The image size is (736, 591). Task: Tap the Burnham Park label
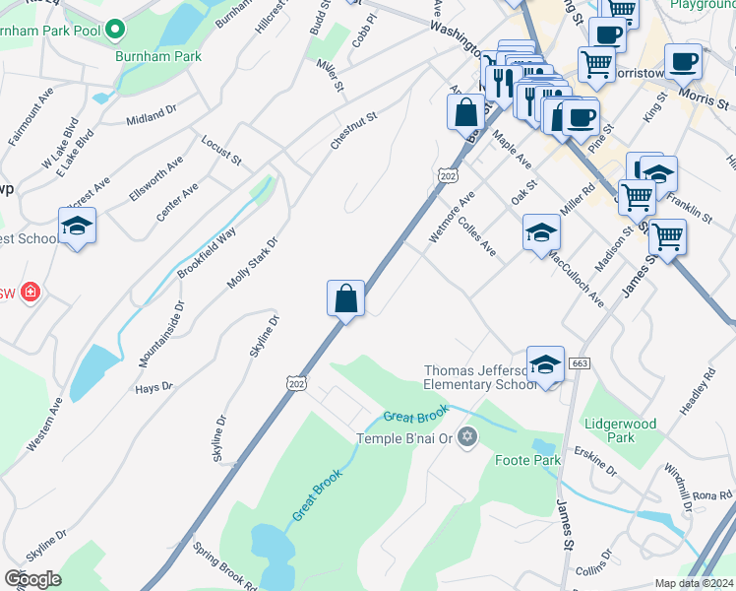click(145, 57)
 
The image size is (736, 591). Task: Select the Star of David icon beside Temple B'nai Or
click(467, 437)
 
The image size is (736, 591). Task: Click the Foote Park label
click(527, 460)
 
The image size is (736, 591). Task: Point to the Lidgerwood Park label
click(620, 429)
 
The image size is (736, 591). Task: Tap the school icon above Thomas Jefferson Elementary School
click(545, 365)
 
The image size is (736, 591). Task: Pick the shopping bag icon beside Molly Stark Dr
click(345, 297)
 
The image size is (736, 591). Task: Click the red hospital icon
click(31, 292)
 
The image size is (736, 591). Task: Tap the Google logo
click(33, 579)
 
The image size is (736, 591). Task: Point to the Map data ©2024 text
click(694, 583)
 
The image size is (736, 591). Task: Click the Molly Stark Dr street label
click(253, 262)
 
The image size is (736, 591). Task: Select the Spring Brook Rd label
click(224, 565)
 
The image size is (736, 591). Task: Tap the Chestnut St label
click(354, 131)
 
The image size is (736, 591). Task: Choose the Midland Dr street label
click(152, 118)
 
